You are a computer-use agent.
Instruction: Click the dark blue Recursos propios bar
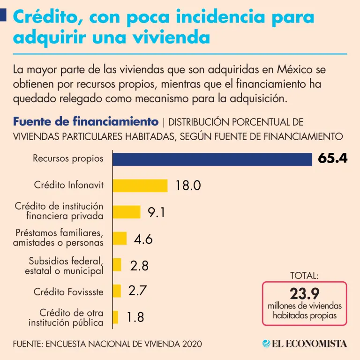(212, 159)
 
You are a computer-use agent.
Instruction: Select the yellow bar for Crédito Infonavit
(140, 185)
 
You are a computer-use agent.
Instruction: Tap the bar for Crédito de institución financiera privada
(126, 212)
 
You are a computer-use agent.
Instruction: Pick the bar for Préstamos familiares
(120, 238)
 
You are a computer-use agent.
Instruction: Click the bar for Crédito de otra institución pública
(115, 317)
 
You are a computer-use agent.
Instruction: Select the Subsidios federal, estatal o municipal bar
(117, 265)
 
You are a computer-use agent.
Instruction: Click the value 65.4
(332, 158)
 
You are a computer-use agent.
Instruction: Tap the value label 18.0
(188, 186)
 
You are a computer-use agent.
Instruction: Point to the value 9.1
(157, 212)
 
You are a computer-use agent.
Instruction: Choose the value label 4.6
(143, 239)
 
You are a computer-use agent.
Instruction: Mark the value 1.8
(135, 317)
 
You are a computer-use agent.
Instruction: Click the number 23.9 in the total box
(305, 294)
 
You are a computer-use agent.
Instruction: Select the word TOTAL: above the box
(305, 276)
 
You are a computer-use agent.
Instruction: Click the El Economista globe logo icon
(266, 344)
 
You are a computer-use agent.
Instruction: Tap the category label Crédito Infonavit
(69, 185)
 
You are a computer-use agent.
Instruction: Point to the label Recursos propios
(68, 158)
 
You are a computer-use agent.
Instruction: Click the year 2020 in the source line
(192, 344)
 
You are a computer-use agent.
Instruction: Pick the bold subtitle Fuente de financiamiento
(85, 122)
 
